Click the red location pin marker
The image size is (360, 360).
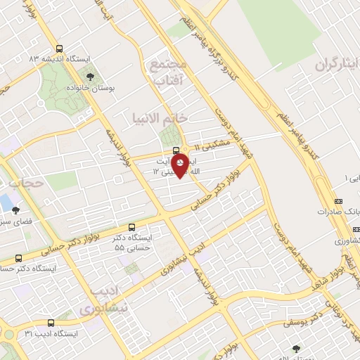(x=180, y=165)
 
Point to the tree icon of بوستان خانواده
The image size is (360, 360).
(x=89, y=75)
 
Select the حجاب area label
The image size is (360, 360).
(x=27, y=184)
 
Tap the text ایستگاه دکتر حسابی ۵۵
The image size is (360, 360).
(x=134, y=243)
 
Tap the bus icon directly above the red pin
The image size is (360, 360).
(x=176, y=150)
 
